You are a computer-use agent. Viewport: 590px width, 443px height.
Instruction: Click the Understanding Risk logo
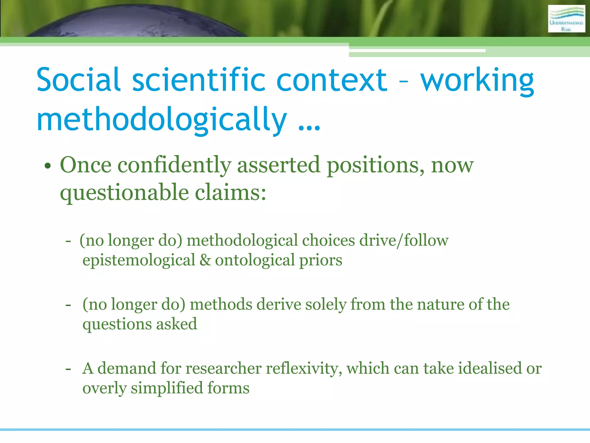point(566,19)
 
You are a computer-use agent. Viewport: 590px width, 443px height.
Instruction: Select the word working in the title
point(477,81)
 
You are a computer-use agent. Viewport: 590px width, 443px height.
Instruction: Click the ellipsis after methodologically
point(309,127)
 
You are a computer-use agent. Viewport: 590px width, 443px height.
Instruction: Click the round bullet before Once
point(48,166)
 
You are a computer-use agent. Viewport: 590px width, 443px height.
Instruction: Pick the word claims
point(230,192)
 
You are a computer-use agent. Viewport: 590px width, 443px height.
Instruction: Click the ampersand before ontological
point(205,260)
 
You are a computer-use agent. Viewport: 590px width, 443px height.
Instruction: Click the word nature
point(440,305)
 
